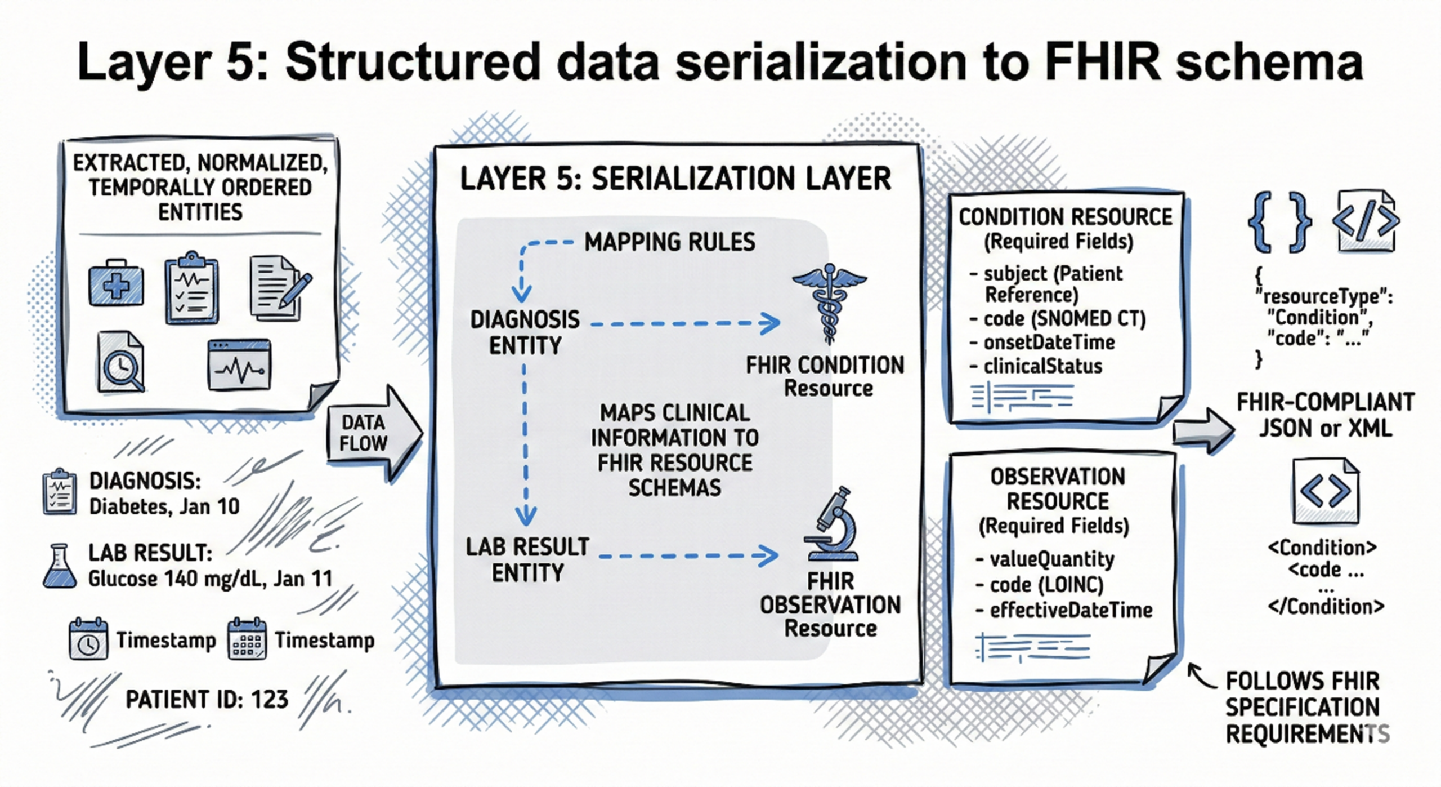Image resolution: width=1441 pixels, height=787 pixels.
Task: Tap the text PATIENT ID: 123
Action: coord(207,700)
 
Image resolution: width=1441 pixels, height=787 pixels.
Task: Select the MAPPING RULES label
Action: coord(669,242)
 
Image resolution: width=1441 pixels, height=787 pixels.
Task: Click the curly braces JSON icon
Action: coord(1279,221)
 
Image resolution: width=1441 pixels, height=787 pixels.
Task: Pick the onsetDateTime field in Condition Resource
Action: coord(1049,342)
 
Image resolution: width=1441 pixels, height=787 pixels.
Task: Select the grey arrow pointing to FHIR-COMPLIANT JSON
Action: coord(1203,431)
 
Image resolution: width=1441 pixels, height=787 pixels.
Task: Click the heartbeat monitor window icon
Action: coord(239,364)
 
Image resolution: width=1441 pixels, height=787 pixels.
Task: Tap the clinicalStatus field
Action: coord(1042,366)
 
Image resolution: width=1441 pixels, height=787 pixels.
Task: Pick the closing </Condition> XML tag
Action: coord(1326,607)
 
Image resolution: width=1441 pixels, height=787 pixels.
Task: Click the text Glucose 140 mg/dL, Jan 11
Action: coord(210,579)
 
